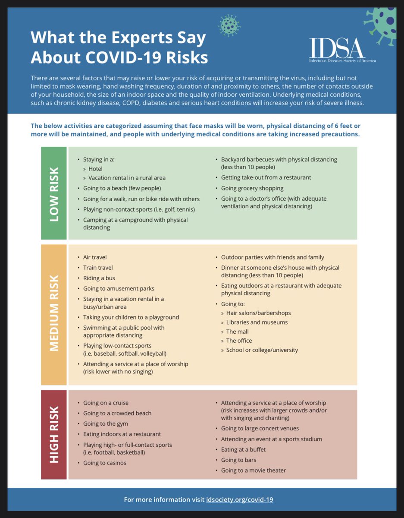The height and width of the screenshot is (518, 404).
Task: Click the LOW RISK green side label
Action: (54, 193)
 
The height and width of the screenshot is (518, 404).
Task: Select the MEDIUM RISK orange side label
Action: (54, 315)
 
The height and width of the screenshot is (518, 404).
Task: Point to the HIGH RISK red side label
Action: (54, 435)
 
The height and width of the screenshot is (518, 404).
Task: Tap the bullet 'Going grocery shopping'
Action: (252, 188)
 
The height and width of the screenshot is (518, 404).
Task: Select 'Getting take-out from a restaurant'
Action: (266, 177)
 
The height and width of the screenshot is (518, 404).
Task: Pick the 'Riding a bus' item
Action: (99, 278)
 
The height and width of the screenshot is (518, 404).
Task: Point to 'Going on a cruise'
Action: (106, 403)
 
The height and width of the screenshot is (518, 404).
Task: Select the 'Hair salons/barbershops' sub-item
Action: (258, 313)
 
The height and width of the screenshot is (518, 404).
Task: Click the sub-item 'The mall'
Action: (237, 332)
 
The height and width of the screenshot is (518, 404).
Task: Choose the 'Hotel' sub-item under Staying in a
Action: (95, 169)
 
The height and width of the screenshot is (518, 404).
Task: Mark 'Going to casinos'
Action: (105, 463)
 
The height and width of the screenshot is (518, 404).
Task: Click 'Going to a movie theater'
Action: (254, 470)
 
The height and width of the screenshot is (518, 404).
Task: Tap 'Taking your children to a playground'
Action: (131, 317)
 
